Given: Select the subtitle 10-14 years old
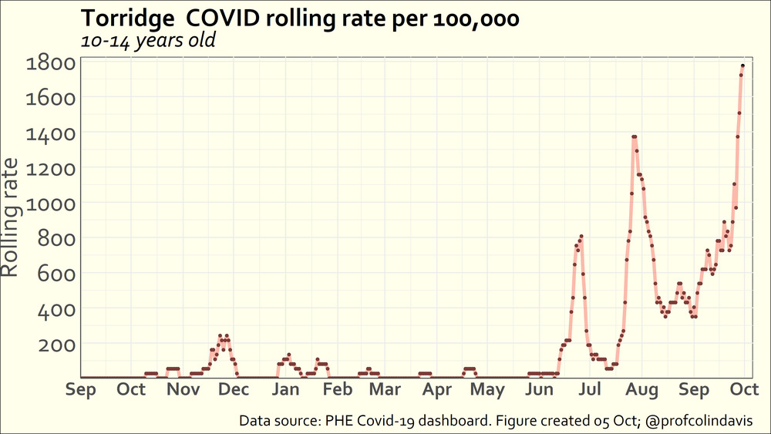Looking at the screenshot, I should point(147,40).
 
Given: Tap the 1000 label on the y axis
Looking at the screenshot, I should point(49,204).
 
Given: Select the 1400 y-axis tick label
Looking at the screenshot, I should point(49,133).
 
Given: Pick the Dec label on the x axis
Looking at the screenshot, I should point(234,389).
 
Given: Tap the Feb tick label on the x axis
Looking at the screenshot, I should point(337,389).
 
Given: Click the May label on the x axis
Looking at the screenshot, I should point(487,389).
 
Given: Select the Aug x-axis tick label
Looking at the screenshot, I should point(642,389).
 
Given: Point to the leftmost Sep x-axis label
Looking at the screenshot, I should point(81,389).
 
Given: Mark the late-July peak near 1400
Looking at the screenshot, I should point(634,136).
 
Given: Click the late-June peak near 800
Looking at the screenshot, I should point(581,236).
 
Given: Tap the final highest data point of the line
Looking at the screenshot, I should point(742,66).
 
